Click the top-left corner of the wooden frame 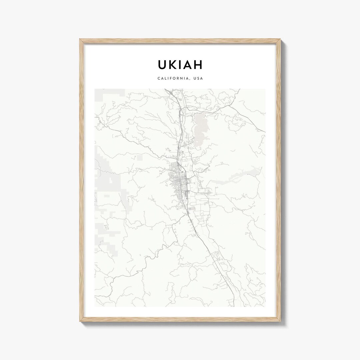[80, 40]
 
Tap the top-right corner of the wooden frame [280, 40]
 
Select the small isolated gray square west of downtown [140, 157]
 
